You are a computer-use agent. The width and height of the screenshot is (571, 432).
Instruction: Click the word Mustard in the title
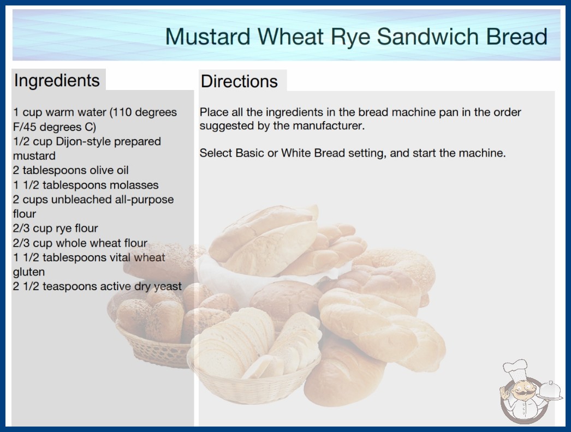pos(208,37)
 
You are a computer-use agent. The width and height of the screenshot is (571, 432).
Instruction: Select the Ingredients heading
pos(57,80)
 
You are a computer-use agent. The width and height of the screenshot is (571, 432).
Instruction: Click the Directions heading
pos(239,81)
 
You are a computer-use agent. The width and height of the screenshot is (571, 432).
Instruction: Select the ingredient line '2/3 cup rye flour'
pos(55,228)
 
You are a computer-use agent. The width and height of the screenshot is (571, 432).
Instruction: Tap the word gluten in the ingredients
pos(29,272)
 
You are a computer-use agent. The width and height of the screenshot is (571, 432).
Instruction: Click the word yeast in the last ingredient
pos(168,286)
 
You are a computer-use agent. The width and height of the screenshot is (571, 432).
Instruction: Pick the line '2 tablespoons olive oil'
pos(70,170)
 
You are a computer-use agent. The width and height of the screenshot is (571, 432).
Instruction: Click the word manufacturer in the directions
pos(329,126)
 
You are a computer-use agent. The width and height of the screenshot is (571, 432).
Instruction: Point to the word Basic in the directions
pos(250,153)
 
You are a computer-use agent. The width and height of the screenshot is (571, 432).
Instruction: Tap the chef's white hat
pos(516,369)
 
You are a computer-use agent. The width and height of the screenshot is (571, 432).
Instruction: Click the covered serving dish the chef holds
pos(550,391)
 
